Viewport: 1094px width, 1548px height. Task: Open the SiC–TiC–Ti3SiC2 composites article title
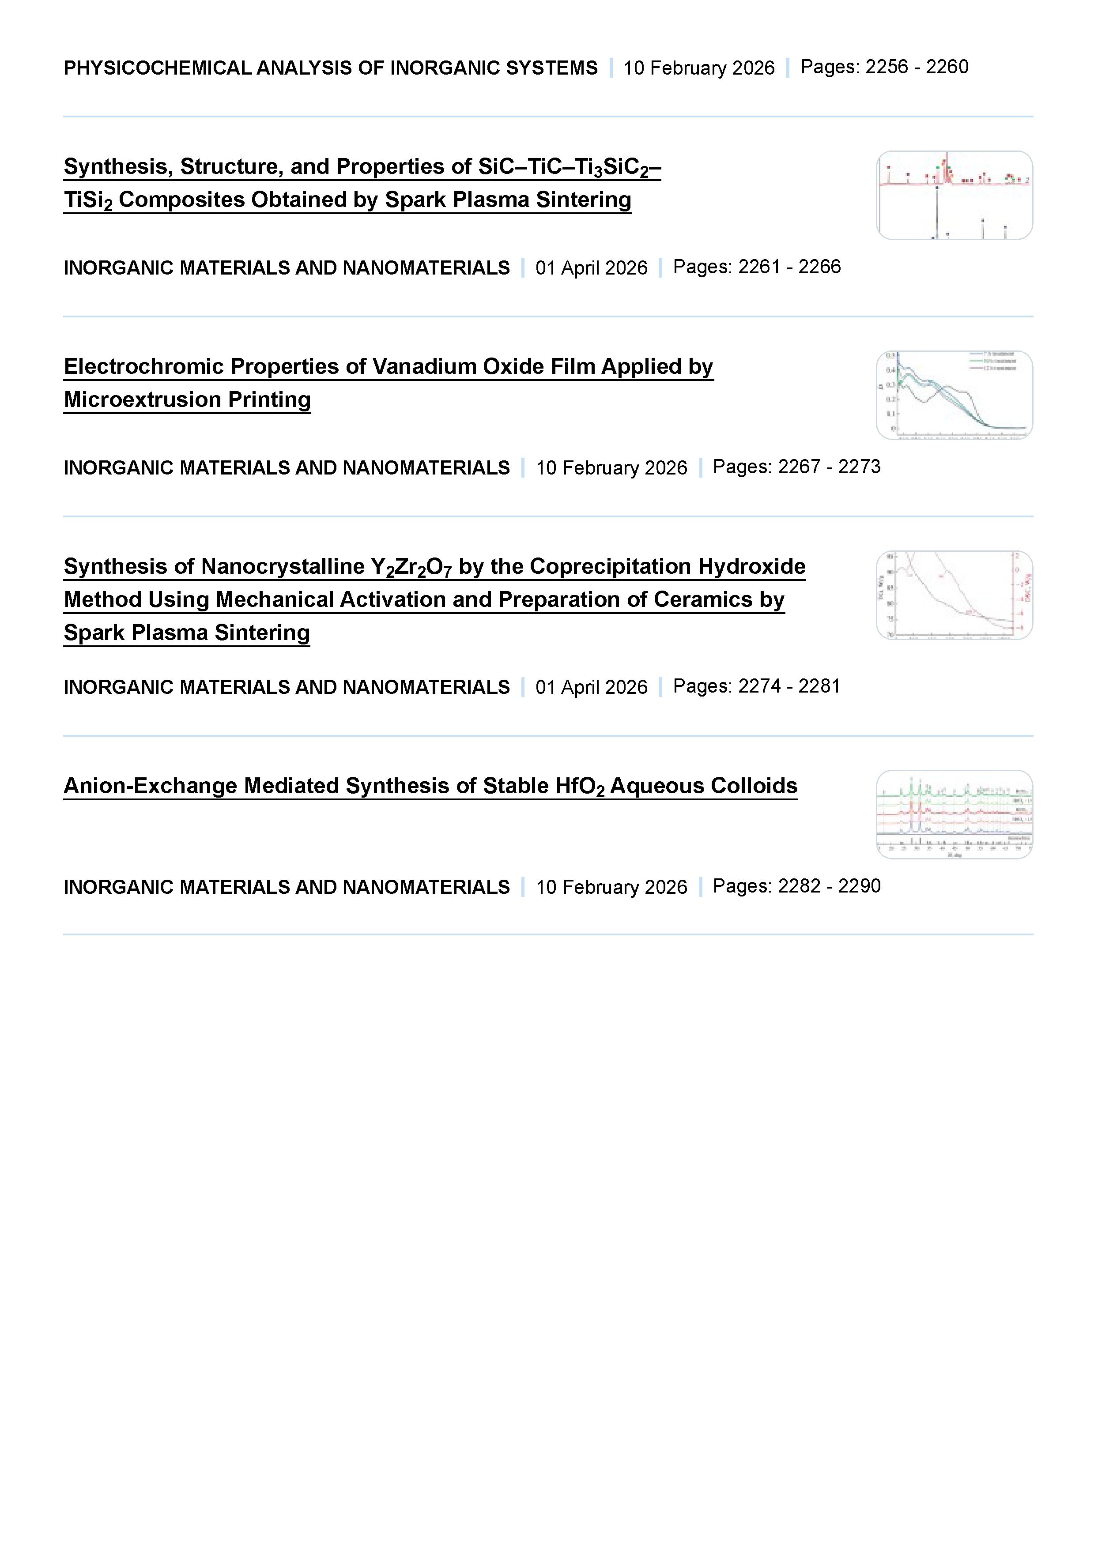pos(362,183)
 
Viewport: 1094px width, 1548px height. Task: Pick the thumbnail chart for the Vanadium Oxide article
pos(954,395)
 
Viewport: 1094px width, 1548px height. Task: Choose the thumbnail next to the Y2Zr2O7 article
pos(954,595)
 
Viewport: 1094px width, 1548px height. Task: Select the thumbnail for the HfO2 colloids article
pos(954,814)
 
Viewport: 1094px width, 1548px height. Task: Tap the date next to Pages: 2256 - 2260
pos(699,68)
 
